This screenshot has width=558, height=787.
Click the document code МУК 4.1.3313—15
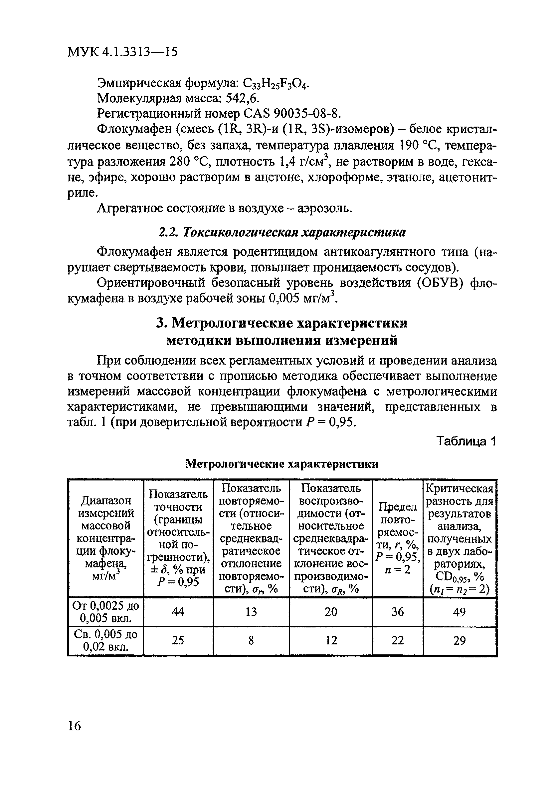click(122, 52)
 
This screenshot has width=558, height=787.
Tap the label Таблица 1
click(466, 441)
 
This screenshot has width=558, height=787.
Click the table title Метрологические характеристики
click(282, 464)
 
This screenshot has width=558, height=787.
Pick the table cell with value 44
click(178, 612)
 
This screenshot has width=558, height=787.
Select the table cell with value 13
click(251, 612)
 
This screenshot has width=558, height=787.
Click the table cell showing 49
click(460, 612)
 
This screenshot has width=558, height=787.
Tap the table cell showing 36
click(398, 612)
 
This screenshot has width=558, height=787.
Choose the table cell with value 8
click(251, 640)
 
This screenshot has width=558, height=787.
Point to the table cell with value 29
click(460, 640)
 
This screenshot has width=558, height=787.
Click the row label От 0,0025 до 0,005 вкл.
click(105, 612)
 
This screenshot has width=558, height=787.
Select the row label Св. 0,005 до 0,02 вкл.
click(105, 640)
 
